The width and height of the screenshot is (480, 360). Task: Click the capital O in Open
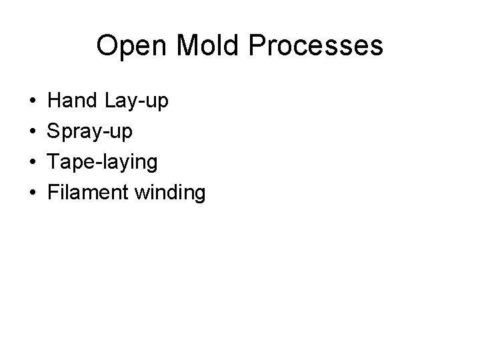(x=107, y=46)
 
